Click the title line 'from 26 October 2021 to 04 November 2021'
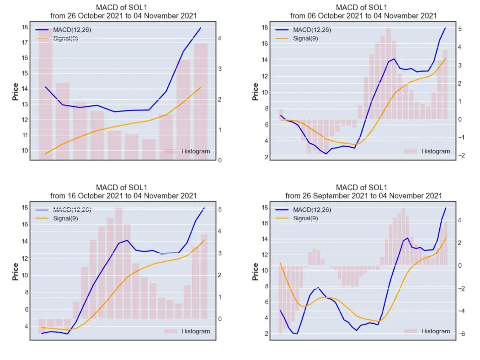[124, 16]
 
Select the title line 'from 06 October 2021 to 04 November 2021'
[364, 16]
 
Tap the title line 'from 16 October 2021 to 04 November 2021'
[124, 196]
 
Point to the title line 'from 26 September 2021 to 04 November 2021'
[364, 196]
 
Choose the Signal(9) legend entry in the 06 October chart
[296, 38]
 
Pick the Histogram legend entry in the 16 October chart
[187, 331]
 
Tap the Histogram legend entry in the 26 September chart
[427, 331]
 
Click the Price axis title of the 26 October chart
[15, 92]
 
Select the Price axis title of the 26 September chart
[255, 272]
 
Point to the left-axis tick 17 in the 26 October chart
[25, 42]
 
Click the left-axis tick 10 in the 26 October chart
[25, 151]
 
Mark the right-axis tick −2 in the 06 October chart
[461, 155]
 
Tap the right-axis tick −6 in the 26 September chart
[461, 334]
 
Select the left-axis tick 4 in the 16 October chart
[26, 327]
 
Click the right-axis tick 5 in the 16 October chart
[219, 210]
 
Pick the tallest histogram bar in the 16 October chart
[119, 263]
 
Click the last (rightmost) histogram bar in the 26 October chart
[201, 101]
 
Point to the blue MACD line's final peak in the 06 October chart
[445, 28]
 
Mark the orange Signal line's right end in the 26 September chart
[446, 238]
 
